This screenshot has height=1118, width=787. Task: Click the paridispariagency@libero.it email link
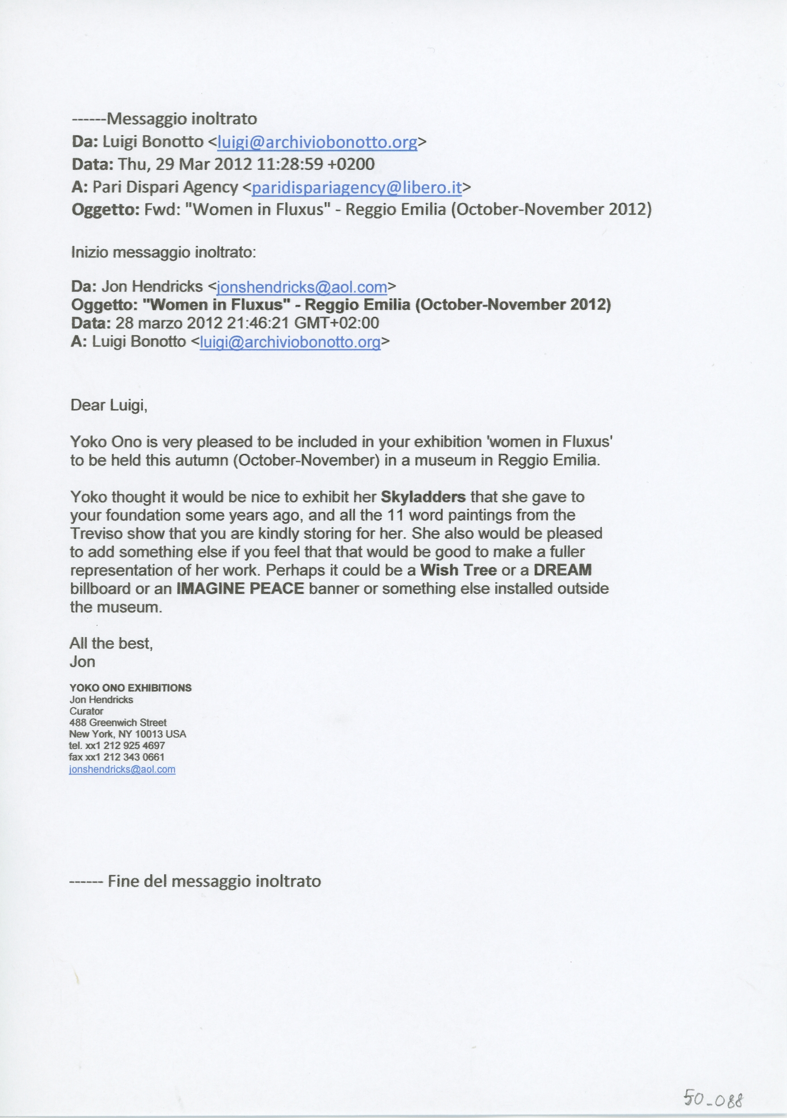click(356, 187)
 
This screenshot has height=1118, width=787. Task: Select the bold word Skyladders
click(423, 497)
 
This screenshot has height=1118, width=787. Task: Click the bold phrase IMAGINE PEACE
click(240, 589)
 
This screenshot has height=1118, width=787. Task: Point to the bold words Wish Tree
click(459, 570)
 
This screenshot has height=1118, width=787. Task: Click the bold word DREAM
click(563, 570)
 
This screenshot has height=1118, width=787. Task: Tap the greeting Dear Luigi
click(109, 405)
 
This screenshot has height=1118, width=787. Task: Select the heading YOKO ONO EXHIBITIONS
click(131, 688)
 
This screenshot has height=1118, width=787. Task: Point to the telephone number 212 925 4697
click(134, 745)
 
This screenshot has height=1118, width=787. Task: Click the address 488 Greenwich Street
click(118, 723)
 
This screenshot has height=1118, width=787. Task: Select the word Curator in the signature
click(86, 711)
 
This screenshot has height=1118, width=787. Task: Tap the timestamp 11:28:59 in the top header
click(290, 164)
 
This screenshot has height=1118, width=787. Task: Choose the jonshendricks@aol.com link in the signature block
click(122, 769)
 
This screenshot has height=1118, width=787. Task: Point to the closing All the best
click(111, 644)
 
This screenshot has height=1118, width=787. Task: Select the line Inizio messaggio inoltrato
click(163, 252)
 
